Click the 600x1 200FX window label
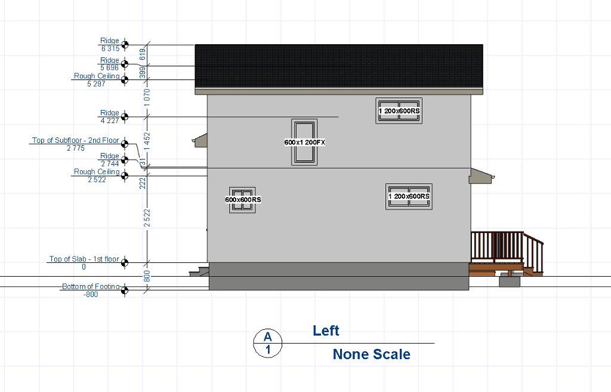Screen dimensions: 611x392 coord(304,142)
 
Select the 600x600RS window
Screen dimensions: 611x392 coord(242,200)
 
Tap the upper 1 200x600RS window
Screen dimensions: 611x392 coord(399,111)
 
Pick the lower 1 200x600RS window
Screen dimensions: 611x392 coord(409,197)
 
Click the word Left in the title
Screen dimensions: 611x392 coord(326,330)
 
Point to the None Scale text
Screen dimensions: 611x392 coord(371,354)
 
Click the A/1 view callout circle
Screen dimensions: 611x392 coord(268,343)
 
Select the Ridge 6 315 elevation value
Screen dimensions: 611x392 coord(110,48)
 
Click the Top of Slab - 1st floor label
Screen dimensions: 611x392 coord(84,259)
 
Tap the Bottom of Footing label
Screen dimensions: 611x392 coord(91,286)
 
